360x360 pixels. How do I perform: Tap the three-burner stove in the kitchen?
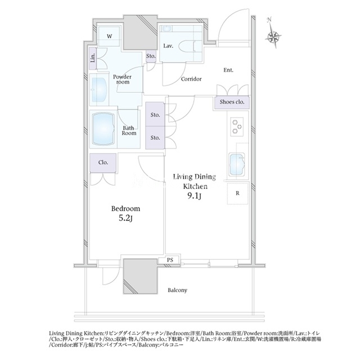[237, 127]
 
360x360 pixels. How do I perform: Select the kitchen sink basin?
[237, 164]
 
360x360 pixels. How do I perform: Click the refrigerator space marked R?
[237, 193]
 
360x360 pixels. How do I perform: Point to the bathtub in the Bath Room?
[103, 129]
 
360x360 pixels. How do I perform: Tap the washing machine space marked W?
[109, 37]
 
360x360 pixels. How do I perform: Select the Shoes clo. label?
[232, 102]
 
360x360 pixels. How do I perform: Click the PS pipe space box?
[170, 260]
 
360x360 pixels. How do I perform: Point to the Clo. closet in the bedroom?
[103, 163]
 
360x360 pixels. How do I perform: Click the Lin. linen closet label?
[93, 58]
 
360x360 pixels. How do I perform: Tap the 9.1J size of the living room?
[194, 196]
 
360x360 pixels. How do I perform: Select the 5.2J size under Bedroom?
[125, 218]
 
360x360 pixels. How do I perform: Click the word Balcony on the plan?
[177, 290]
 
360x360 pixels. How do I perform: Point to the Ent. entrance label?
[228, 70]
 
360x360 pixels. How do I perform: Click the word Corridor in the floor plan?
[191, 79]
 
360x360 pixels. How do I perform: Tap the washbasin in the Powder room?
[100, 90]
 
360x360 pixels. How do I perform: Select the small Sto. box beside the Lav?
[151, 56]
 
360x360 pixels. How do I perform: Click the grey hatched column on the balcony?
[140, 276]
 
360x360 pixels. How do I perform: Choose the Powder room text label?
[123, 79]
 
